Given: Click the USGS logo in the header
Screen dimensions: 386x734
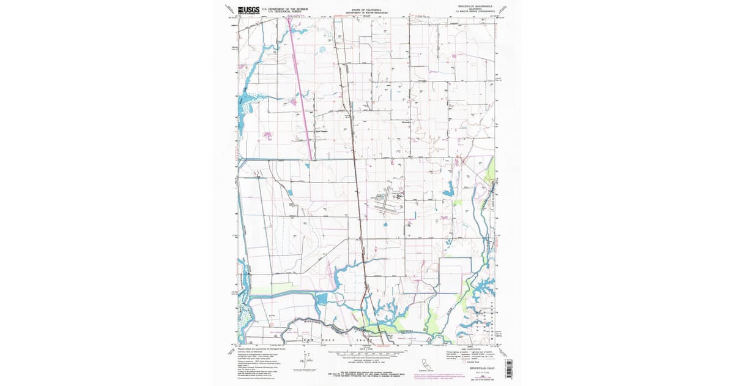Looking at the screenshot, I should (x=247, y=10).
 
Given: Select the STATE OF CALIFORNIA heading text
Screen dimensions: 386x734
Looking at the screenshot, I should (x=366, y=10).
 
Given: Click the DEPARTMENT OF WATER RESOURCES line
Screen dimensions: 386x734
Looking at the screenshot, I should (x=366, y=13).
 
